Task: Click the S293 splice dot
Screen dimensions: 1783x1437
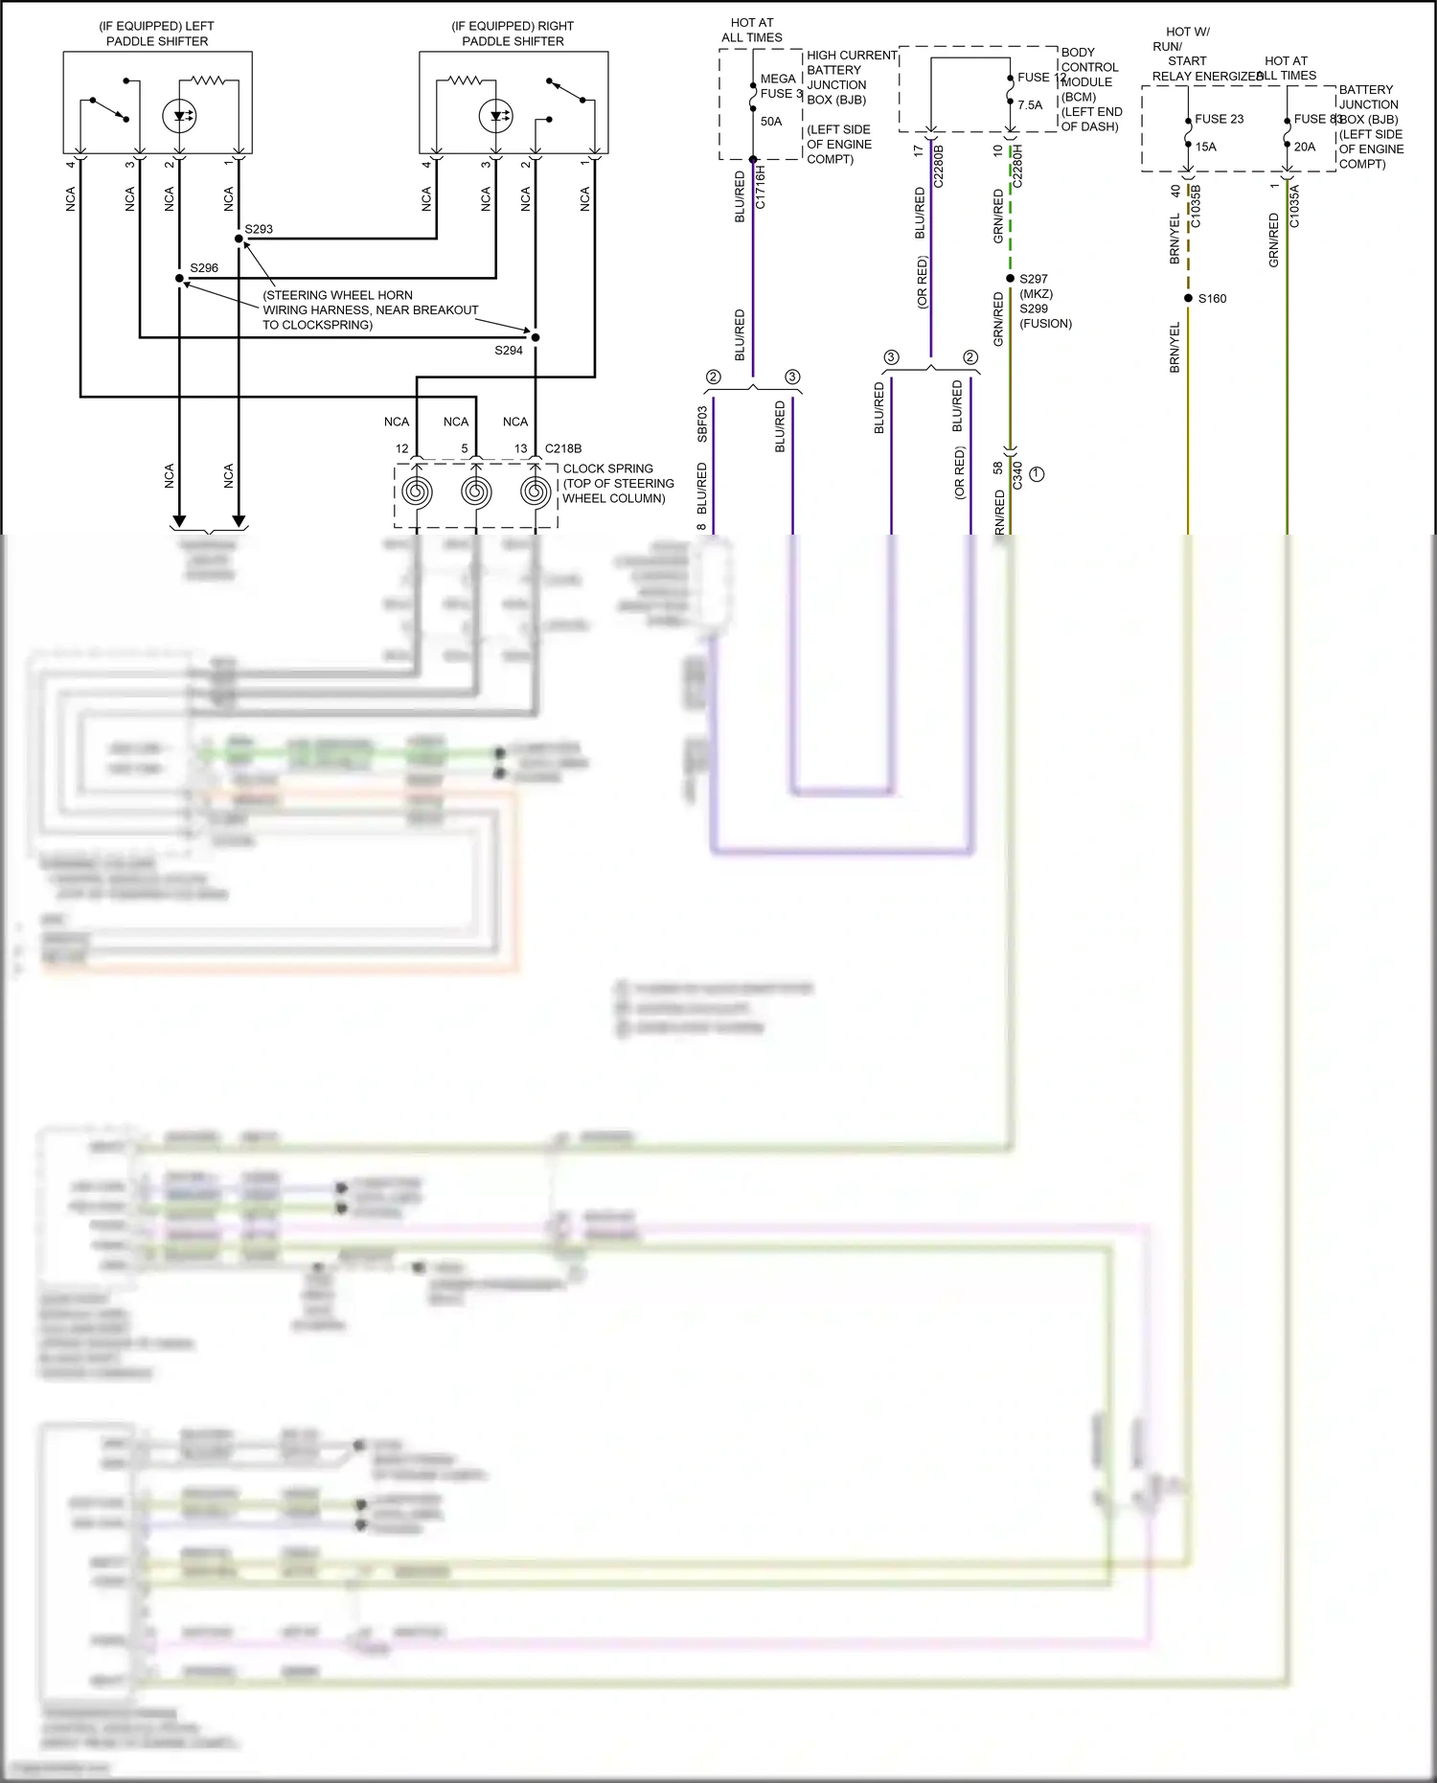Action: (x=239, y=239)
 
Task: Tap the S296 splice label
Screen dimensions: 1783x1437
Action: (x=203, y=268)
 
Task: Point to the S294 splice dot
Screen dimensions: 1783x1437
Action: (x=536, y=337)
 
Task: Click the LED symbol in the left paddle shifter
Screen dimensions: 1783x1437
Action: (x=179, y=117)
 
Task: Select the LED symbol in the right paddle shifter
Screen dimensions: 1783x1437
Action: (x=495, y=117)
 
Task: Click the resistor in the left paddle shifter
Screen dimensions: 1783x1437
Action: (x=208, y=81)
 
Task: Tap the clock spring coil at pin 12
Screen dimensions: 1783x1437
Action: (x=417, y=491)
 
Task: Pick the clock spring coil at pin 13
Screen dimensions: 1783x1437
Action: (x=536, y=491)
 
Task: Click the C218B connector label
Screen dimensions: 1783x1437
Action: (x=563, y=448)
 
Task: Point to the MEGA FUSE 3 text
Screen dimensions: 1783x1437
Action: (x=780, y=86)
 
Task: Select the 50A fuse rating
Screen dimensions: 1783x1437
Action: (x=771, y=122)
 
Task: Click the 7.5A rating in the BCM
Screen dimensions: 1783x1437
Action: (x=1030, y=105)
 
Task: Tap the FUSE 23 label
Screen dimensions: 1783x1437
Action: (x=1219, y=119)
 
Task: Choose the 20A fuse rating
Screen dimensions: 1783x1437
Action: (x=1305, y=147)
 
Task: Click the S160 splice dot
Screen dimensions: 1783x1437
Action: (x=1188, y=298)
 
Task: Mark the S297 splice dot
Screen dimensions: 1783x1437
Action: (x=1010, y=279)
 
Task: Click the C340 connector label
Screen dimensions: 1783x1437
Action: (x=1017, y=475)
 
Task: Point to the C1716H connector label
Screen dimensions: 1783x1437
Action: (x=761, y=187)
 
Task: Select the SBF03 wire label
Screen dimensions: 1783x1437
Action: (x=702, y=424)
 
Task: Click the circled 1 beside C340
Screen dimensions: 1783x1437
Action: (x=1037, y=474)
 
